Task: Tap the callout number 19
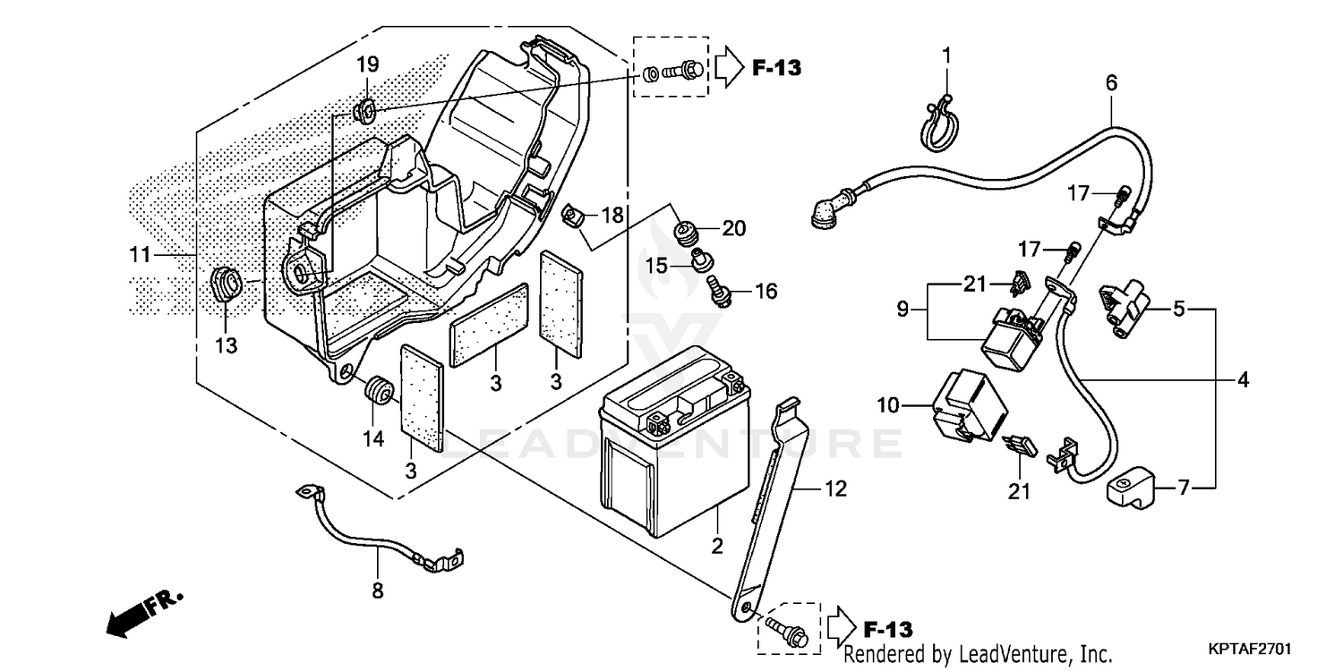tap(368, 64)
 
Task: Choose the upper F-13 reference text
tap(776, 67)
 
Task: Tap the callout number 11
tap(139, 255)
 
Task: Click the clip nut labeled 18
tap(570, 216)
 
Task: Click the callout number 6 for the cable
tap(1111, 83)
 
